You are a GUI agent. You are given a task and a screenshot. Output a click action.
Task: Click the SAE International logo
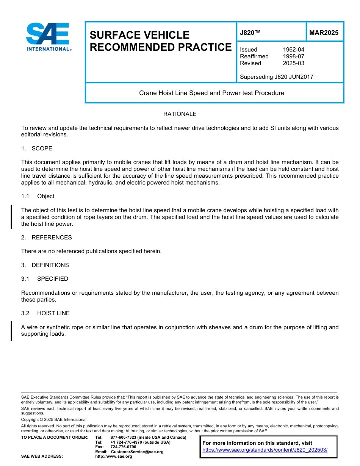49,37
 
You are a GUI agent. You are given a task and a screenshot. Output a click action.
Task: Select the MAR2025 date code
324,33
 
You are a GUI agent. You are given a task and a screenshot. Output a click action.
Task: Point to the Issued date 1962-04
293,50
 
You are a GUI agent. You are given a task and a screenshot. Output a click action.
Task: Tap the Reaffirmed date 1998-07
293,56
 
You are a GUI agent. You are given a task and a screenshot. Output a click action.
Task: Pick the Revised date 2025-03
293,63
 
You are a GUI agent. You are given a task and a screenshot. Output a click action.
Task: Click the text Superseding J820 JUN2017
277,77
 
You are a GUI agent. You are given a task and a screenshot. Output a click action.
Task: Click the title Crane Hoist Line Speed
211,93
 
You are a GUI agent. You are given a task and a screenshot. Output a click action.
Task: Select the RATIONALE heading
180,114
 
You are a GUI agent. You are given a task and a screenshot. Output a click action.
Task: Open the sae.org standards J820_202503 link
265,450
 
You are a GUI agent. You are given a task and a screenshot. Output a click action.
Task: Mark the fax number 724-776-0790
123,447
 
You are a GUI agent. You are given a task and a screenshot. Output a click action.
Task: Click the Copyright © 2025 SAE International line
54,419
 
